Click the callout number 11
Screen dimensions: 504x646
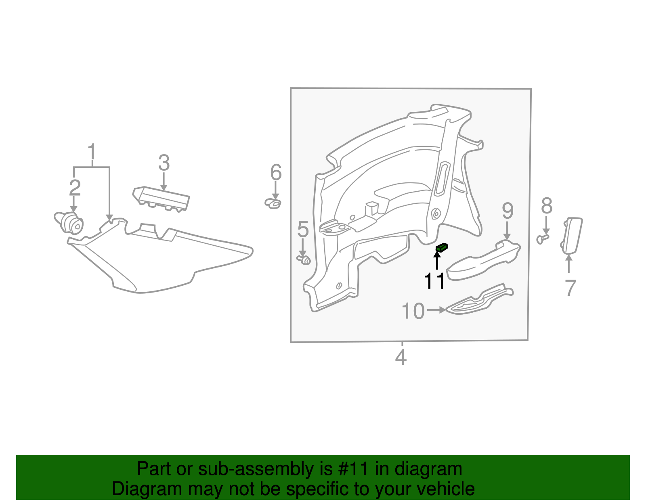(434, 281)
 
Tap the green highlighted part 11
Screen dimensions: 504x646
(442, 247)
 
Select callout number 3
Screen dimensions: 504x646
(164, 163)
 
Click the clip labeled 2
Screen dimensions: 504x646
(71, 222)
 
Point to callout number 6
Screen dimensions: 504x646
(276, 173)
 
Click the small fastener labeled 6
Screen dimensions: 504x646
(273, 203)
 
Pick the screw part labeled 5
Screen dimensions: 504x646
(304, 259)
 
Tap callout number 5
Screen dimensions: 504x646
(303, 229)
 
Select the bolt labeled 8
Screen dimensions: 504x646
(542, 239)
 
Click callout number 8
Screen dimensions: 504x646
(547, 206)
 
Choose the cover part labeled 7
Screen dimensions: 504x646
(572, 235)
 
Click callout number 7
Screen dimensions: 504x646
(570, 288)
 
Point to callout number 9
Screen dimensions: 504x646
(508, 211)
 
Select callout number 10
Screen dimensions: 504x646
(413, 311)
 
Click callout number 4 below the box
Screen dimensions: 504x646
(401, 358)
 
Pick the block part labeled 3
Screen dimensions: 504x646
(161, 198)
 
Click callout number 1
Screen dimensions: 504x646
(92, 153)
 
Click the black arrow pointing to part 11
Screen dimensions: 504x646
(437, 260)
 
